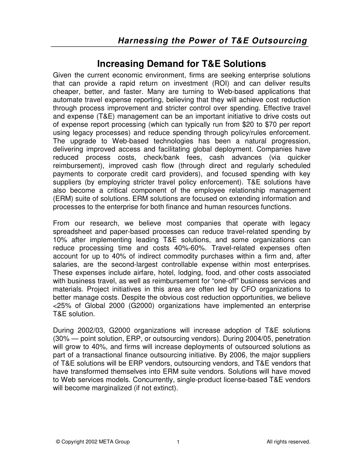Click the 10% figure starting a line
(60, 240)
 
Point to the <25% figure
(61, 306)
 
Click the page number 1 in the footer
(178, 442)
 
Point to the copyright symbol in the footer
(58, 442)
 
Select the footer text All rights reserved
(288, 442)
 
